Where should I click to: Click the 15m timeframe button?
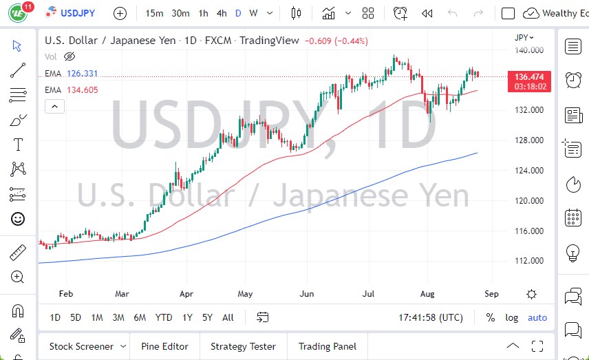(x=155, y=13)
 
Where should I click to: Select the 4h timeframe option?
(x=221, y=13)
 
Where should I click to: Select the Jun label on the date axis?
(x=307, y=294)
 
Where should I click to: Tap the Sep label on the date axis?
(x=491, y=294)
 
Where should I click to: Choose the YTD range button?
(x=164, y=317)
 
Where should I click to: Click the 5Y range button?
(x=207, y=317)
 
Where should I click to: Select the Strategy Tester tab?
(x=243, y=346)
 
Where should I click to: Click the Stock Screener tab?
(x=81, y=346)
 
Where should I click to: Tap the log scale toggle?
(x=511, y=317)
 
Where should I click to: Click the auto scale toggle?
(x=537, y=317)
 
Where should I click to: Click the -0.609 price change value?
(x=318, y=41)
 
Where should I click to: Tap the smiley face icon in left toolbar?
(x=18, y=219)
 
